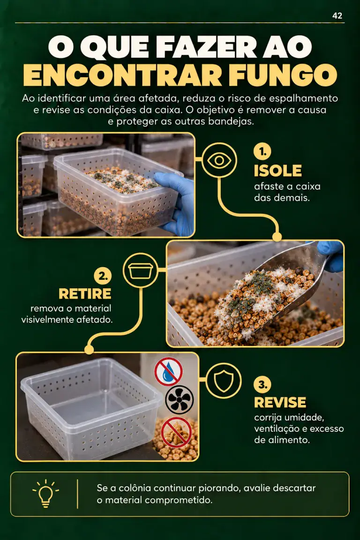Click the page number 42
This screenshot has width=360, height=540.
[x=337, y=16]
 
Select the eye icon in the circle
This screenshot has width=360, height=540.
[x=219, y=160]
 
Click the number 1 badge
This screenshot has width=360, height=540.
[x=262, y=151]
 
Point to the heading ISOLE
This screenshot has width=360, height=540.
[x=278, y=171]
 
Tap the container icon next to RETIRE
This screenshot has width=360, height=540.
[x=141, y=270]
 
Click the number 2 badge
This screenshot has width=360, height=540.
[x=103, y=276]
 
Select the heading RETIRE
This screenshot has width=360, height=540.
[x=85, y=294]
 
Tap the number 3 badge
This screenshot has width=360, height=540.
[x=262, y=384]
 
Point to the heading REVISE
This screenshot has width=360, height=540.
[x=280, y=402]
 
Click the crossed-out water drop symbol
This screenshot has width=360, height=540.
[x=168, y=371]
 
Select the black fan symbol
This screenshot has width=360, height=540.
[x=180, y=400]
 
